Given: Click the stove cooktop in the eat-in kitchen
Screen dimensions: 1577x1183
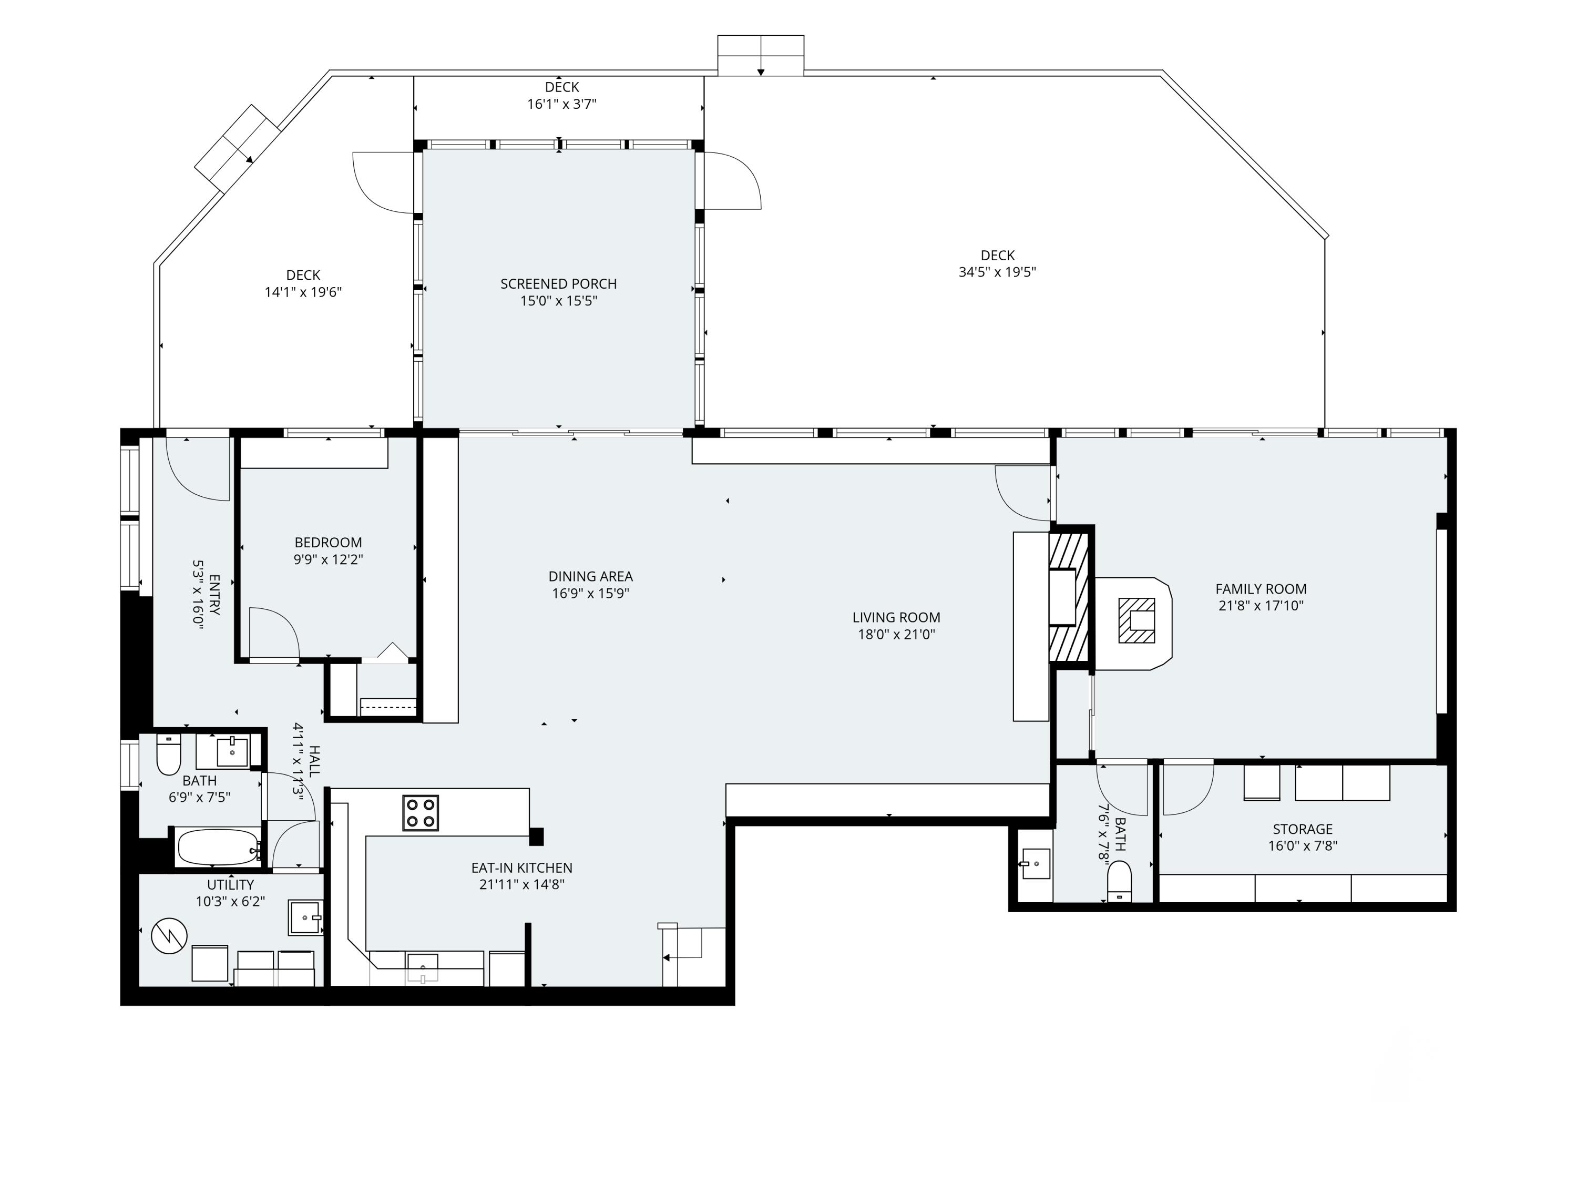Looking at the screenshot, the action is tap(421, 813).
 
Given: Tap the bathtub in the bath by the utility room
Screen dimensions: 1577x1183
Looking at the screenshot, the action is tap(218, 847).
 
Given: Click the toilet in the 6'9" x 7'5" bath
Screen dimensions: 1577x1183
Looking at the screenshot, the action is tap(168, 754).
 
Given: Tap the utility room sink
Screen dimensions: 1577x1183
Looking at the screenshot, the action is tap(305, 917).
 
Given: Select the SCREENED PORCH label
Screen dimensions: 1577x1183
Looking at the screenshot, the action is tap(558, 284).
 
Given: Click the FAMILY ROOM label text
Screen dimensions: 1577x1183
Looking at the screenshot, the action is tap(1261, 589).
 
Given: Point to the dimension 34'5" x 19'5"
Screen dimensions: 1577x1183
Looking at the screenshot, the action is tap(997, 272).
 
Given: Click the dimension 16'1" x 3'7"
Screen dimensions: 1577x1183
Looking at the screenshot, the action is tap(562, 104).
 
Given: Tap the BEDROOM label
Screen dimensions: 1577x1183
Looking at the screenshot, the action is tap(328, 543).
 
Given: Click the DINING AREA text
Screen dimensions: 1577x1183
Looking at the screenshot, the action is tap(590, 576).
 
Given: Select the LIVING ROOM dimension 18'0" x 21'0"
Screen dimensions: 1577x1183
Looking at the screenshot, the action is tap(896, 634).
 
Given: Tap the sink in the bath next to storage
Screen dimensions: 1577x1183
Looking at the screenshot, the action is tap(1035, 863).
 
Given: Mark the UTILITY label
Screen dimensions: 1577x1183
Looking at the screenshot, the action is tap(230, 885).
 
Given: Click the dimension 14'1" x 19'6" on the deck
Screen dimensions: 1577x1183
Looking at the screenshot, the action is tap(303, 292).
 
